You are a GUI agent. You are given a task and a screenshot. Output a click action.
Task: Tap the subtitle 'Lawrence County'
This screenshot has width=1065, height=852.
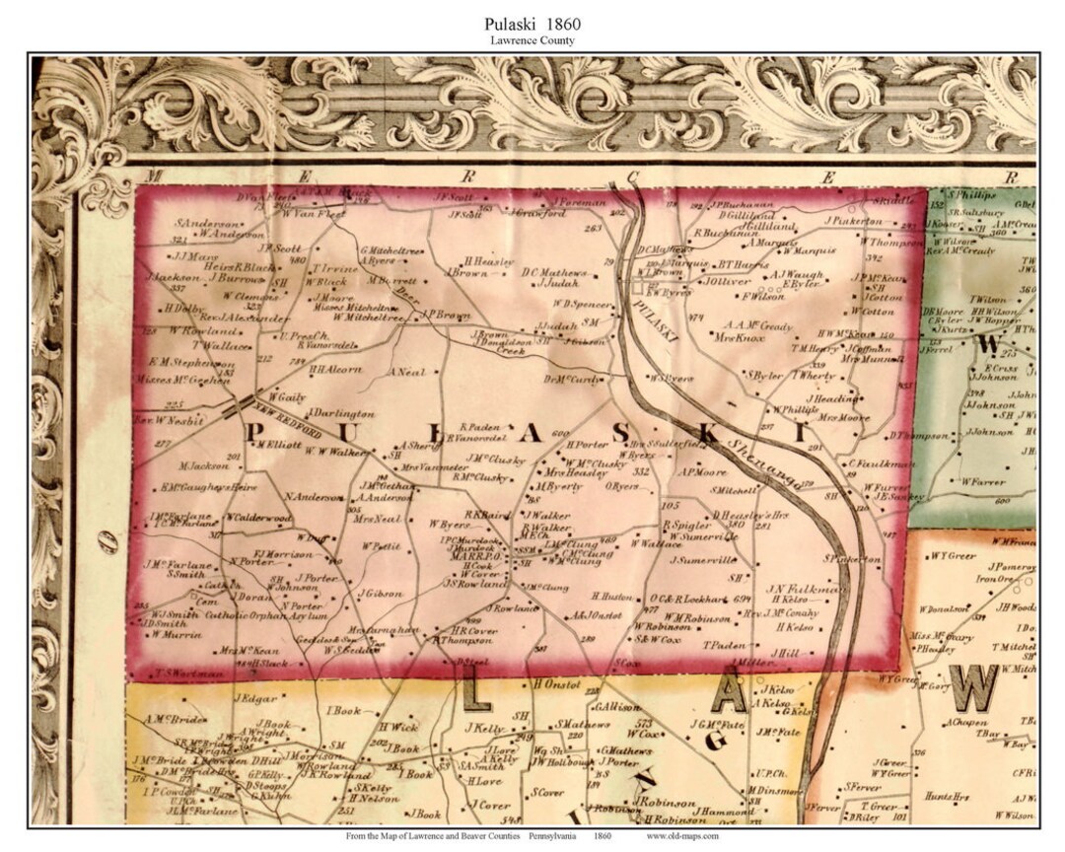[532, 40]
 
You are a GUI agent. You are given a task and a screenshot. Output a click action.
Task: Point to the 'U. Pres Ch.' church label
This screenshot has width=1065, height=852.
[297, 335]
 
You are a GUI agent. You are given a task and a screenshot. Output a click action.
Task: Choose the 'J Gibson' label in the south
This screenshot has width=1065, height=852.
[383, 593]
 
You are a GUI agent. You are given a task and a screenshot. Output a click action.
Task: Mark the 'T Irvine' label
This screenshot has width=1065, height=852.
[325, 268]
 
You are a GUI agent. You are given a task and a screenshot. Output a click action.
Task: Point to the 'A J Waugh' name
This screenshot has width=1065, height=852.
[790, 275]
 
